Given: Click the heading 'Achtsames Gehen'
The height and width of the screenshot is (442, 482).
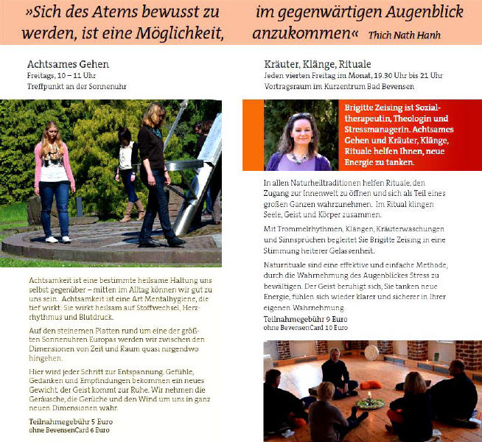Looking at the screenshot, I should pos(68,65).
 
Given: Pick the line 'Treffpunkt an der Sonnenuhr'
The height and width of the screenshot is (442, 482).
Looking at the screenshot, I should pos(77,86).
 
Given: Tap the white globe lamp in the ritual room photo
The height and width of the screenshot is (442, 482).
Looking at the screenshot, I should pos(371,352).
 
